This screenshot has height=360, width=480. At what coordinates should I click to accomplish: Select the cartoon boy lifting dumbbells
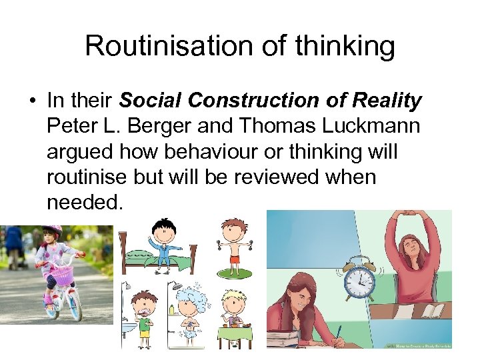[x=232, y=245]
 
